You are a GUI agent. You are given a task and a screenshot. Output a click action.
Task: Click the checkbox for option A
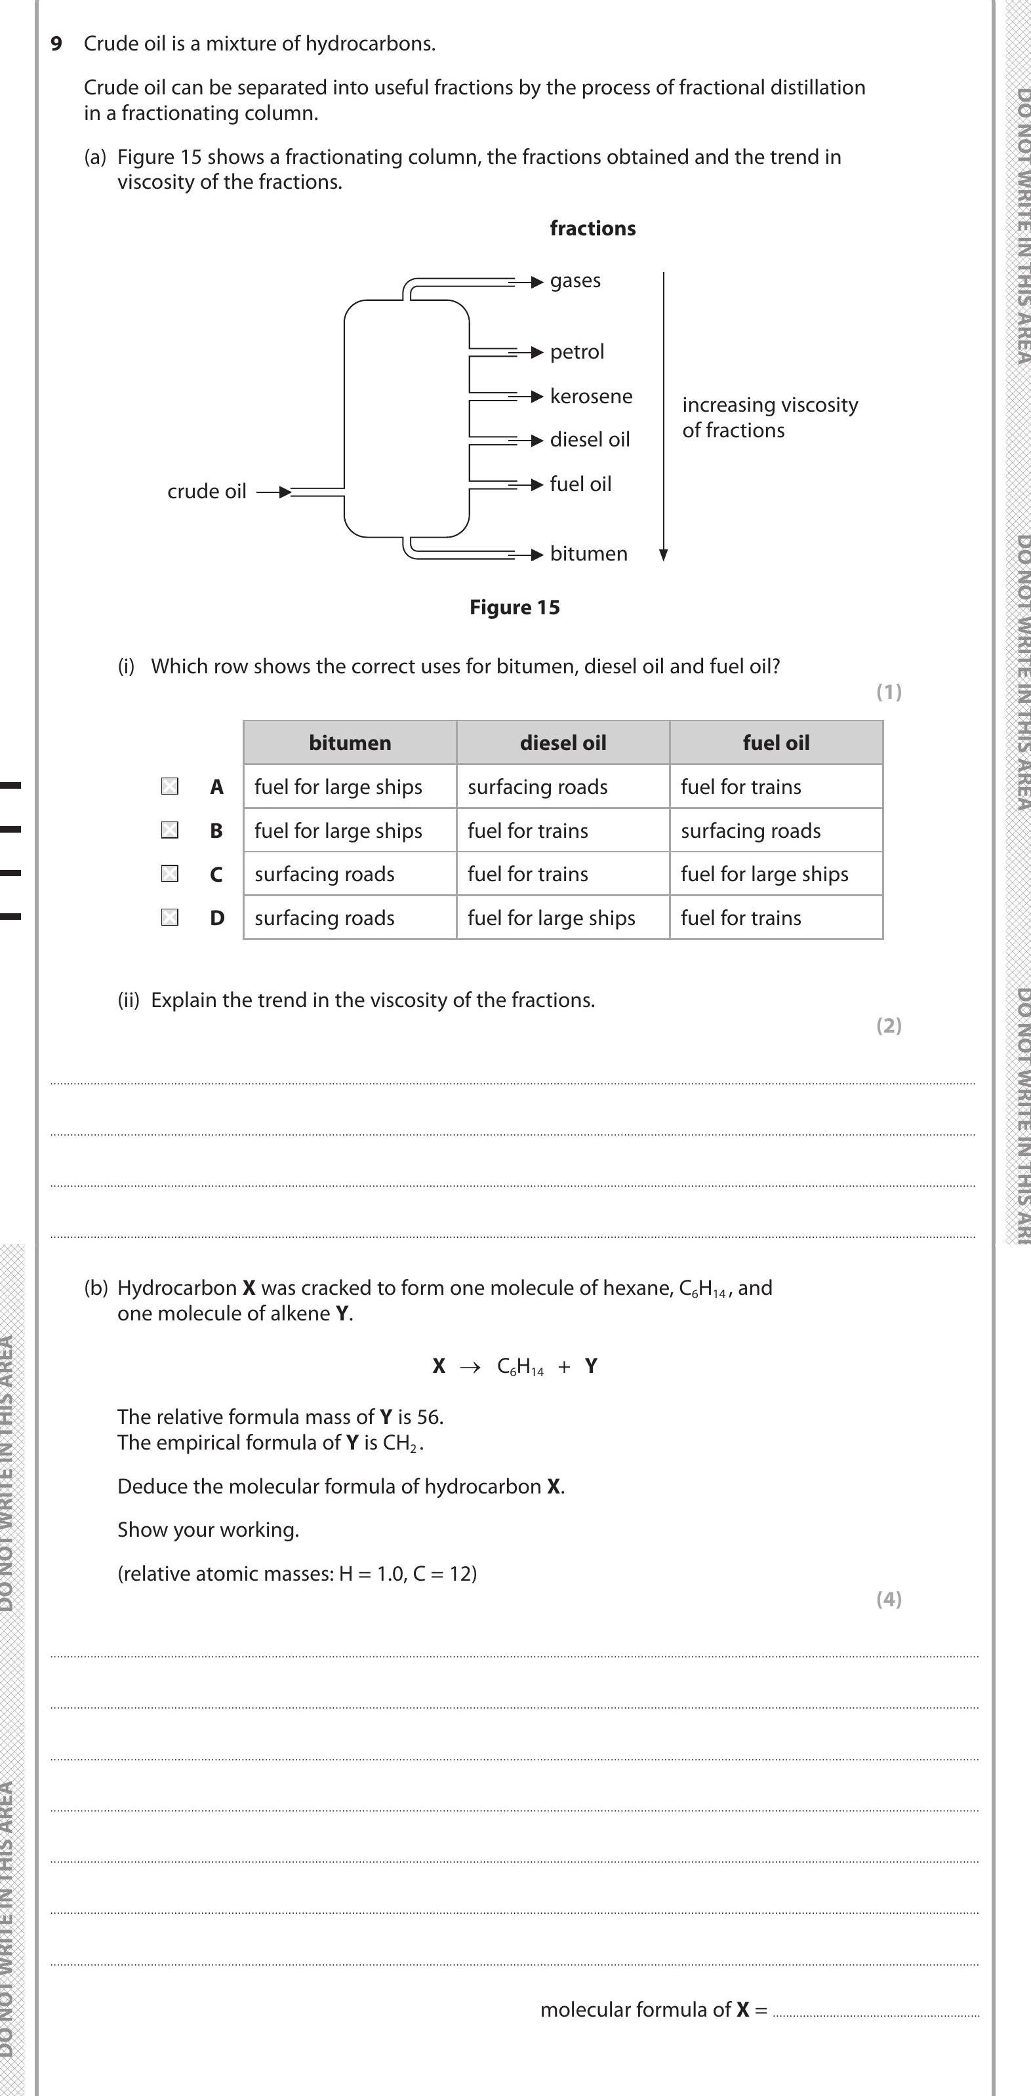[169, 786]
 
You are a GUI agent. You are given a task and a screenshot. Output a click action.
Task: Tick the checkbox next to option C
[169, 873]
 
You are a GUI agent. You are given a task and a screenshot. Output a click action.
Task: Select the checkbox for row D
[169, 917]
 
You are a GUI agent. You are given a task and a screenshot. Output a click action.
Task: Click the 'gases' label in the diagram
[575, 281]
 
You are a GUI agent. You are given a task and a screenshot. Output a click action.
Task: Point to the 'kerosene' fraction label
[591, 396]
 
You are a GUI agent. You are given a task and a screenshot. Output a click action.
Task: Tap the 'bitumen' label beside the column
[588, 554]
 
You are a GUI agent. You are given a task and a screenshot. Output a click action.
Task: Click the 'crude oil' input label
[207, 492]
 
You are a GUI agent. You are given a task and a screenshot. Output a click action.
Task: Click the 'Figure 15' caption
[514, 608]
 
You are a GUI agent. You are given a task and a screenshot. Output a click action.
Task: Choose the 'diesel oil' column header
[562, 742]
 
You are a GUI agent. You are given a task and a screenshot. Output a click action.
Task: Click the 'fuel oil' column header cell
[775, 742]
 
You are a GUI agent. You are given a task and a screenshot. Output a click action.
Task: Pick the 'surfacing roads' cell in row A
[537, 787]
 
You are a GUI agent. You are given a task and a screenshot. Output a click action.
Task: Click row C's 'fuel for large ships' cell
[764, 874]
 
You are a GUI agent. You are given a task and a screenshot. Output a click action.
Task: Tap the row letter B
[216, 831]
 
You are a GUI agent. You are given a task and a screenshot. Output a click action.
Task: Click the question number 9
[56, 44]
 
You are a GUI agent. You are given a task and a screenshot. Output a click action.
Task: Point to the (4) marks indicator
[889, 1599]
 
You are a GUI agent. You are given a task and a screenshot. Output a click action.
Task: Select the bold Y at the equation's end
[591, 1366]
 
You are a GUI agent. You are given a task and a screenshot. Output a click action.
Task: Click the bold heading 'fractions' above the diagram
[592, 229]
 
